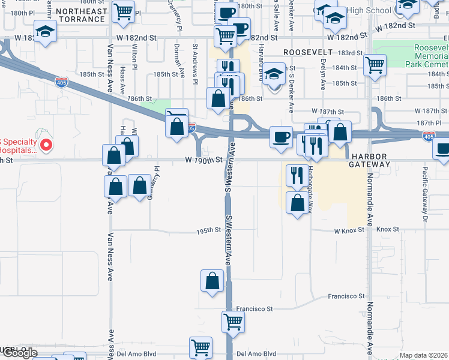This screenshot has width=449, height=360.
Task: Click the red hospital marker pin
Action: [44, 145]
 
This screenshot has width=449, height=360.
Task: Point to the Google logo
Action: [19, 353]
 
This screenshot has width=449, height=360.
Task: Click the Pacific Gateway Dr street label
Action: [424, 191]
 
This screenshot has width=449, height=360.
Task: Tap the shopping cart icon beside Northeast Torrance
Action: [124, 11]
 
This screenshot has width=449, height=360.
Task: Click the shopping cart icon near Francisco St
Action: [233, 320]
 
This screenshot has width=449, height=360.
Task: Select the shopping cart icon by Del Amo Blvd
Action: [200, 347]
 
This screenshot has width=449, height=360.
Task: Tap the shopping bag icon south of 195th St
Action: [212, 280]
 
